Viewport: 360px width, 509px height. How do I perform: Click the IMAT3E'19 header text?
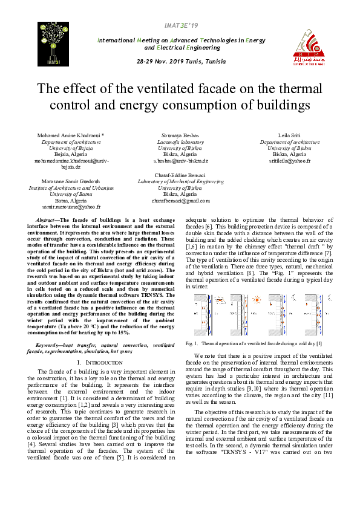click(181, 25)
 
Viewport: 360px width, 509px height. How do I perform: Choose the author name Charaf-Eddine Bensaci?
click(180, 175)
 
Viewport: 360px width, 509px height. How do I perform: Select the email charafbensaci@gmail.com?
click(180, 201)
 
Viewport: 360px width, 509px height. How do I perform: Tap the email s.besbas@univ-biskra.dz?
click(180, 161)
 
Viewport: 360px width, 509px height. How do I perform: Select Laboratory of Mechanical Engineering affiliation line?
click(180, 181)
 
